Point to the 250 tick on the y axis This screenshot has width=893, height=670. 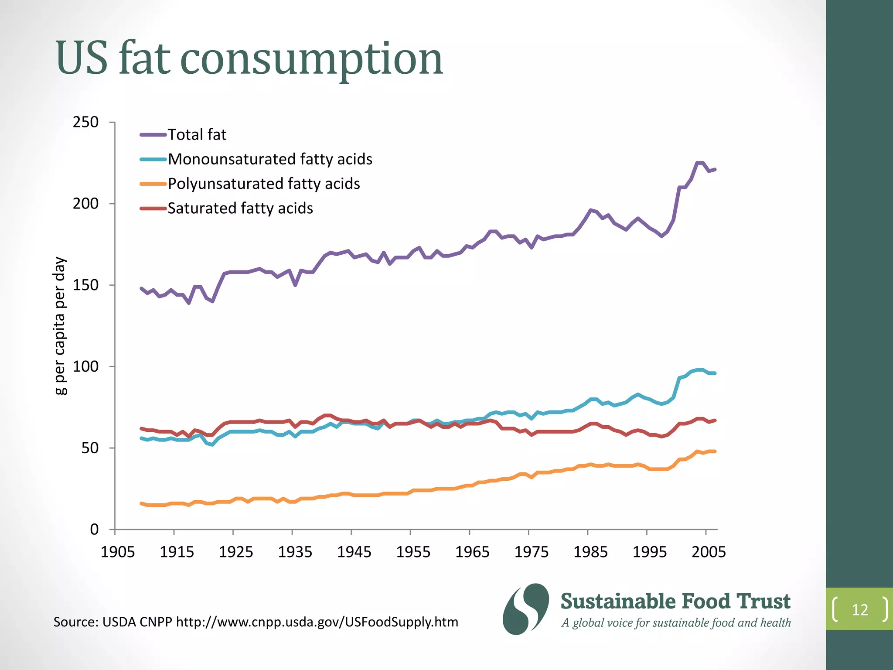point(85,122)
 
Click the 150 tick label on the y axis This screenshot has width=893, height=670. point(85,285)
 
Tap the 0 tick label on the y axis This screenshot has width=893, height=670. point(94,530)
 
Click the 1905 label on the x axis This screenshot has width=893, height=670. point(117,552)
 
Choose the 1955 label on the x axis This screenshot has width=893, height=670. point(413,552)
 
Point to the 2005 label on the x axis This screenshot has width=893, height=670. point(709,552)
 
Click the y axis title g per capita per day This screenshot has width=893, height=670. point(60,325)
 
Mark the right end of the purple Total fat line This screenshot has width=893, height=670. point(715,169)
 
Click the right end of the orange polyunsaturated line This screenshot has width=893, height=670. point(715,451)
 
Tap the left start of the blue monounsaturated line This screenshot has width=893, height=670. point(141,438)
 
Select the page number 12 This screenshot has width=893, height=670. point(860,609)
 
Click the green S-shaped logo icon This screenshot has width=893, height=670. point(526,609)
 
